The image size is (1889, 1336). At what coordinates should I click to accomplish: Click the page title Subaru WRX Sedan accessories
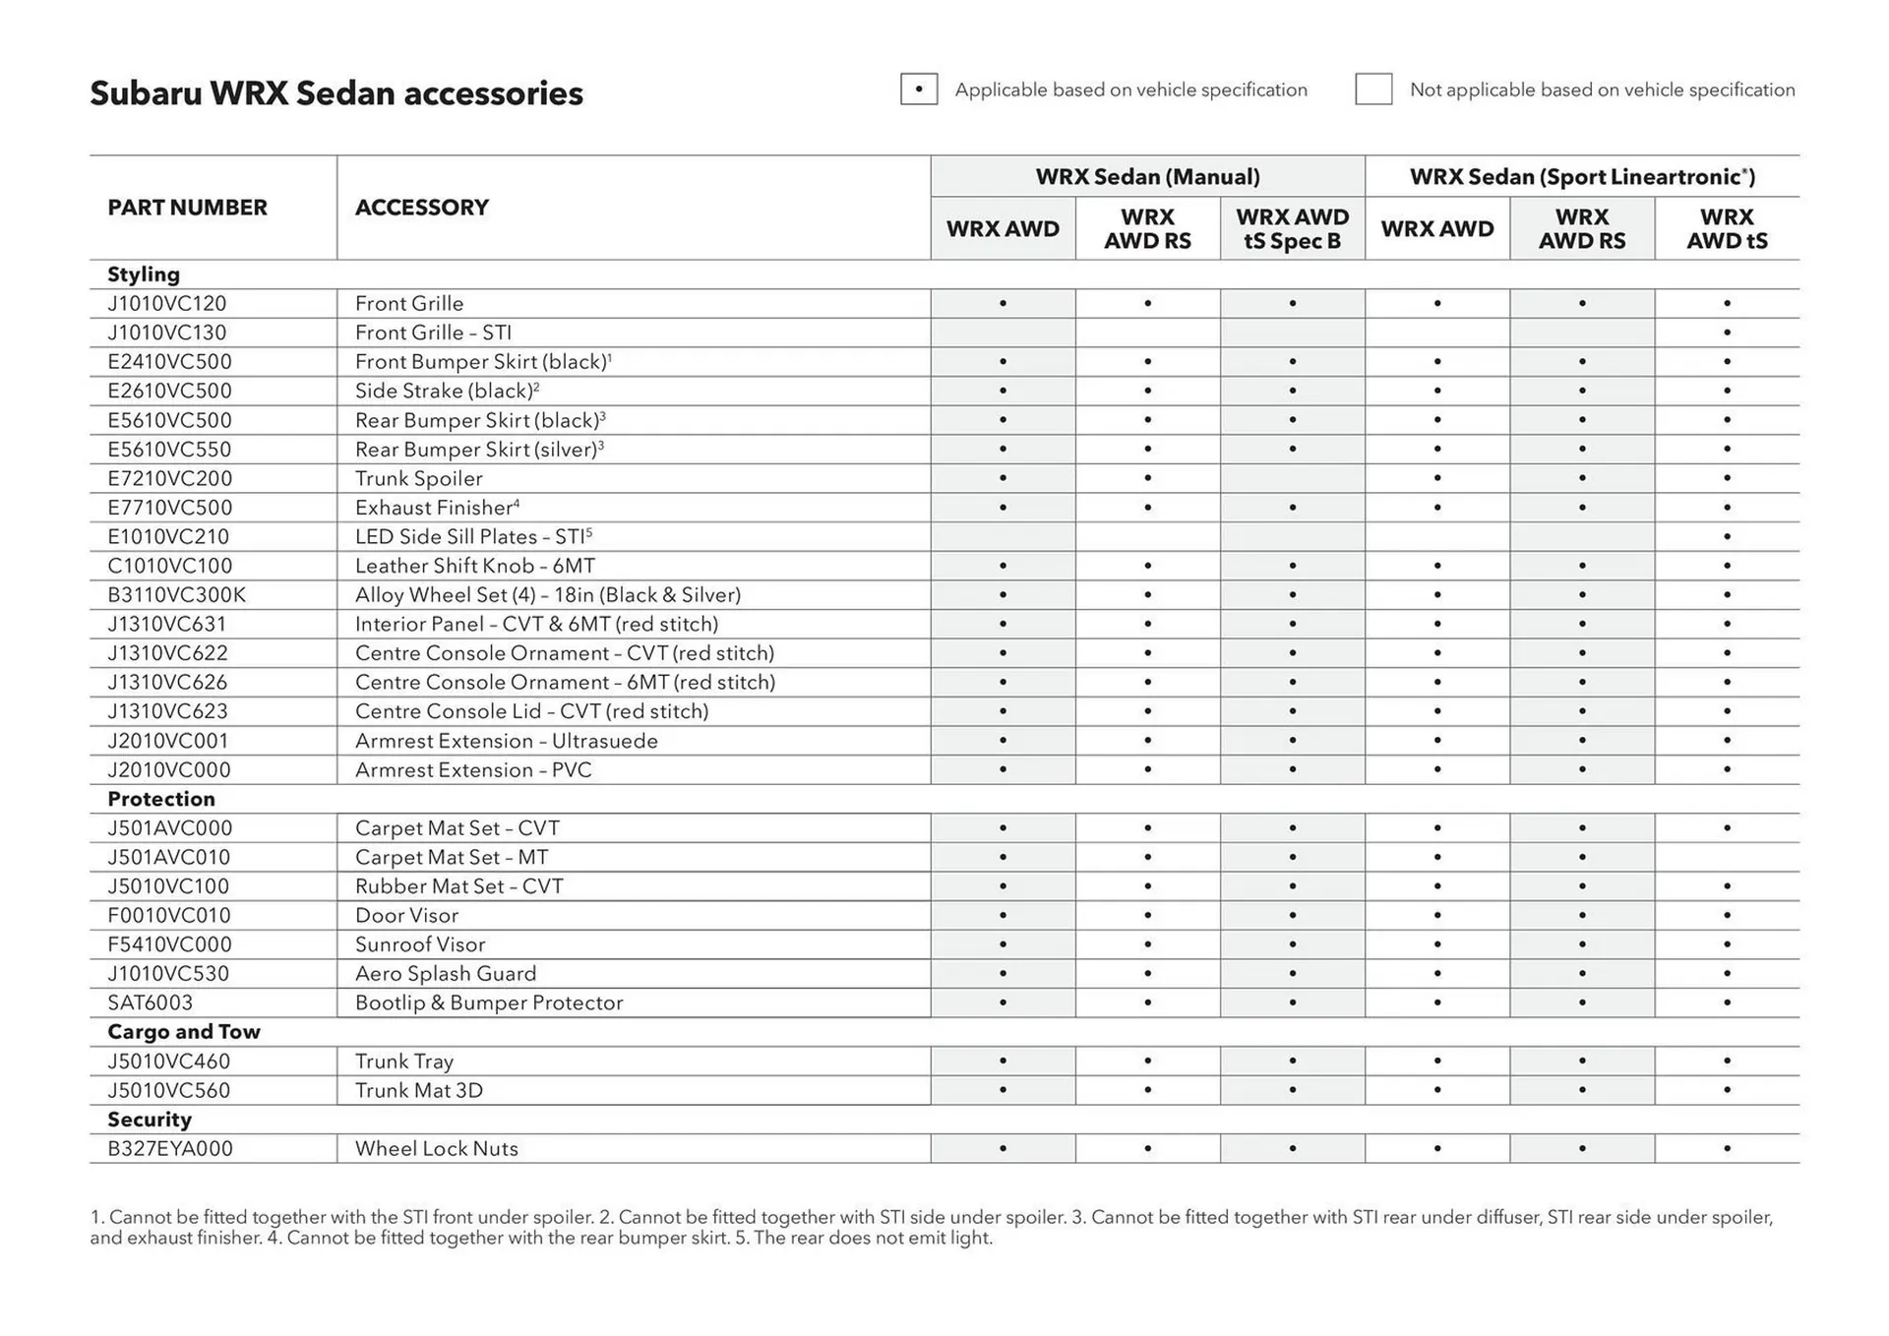pos(335,93)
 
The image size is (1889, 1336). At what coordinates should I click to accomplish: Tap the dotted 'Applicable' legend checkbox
pos(918,90)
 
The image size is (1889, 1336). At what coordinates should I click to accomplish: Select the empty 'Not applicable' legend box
pos(1372,90)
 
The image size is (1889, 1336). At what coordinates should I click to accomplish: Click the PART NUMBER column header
pos(187,208)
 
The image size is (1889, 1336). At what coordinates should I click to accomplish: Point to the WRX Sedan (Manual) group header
pos(1147,177)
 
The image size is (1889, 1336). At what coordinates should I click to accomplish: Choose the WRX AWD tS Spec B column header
pos(1292,229)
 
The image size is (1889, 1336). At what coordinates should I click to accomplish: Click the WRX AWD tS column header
pos(1727,229)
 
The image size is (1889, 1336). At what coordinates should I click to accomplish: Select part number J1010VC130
pos(167,333)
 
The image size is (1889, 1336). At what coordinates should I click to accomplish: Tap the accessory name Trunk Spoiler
pos(418,479)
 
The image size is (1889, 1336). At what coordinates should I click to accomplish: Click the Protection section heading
pos(161,799)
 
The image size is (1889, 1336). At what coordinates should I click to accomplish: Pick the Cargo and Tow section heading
pos(184,1032)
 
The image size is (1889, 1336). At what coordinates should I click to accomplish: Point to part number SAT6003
pos(151,1002)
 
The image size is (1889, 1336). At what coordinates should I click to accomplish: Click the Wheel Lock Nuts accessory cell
pos(436,1149)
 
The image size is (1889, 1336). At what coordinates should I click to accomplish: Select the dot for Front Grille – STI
pos(1727,333)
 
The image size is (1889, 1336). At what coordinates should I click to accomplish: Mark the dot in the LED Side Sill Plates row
pos(1727,537)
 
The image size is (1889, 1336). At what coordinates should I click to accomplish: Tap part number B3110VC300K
pos(177,595)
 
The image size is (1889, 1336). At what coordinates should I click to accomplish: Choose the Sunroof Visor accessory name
pos(420,944)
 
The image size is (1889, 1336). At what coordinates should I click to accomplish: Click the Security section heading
pos(150,1120)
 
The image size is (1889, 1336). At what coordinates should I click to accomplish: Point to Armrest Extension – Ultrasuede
pos(506,741)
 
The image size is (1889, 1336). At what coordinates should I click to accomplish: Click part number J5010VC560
pos(169,1090)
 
